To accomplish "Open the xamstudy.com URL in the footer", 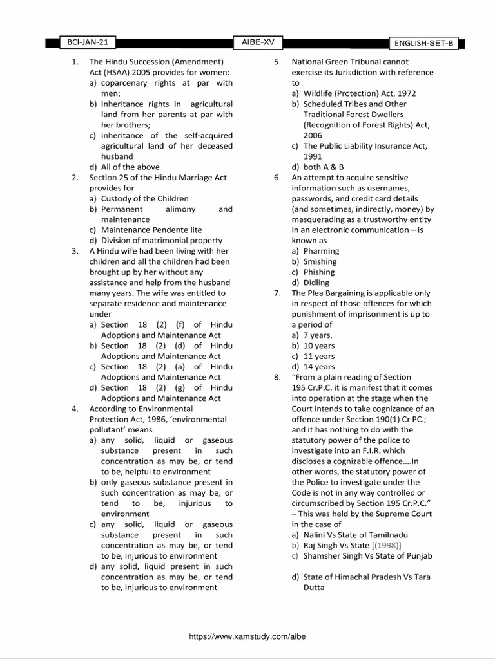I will pos(247,635).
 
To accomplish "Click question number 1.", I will pos(75,62).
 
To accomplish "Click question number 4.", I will pos(75,409).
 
